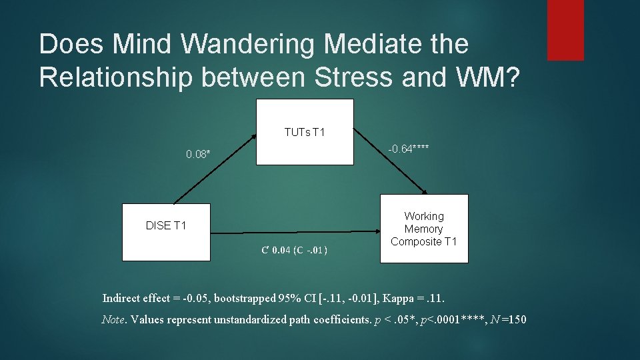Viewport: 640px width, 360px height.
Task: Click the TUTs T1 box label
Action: click(305, 132)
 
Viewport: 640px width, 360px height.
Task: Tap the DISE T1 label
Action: click(166, 225)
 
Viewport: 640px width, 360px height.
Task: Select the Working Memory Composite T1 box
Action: click(424, 229)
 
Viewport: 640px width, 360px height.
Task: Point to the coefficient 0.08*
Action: click(198, 155)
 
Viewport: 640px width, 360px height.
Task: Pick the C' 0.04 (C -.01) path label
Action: click(294, 251)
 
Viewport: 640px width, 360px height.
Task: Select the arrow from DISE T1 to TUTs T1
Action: click(215, 168)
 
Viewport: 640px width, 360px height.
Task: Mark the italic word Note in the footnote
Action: click(113, 319)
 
